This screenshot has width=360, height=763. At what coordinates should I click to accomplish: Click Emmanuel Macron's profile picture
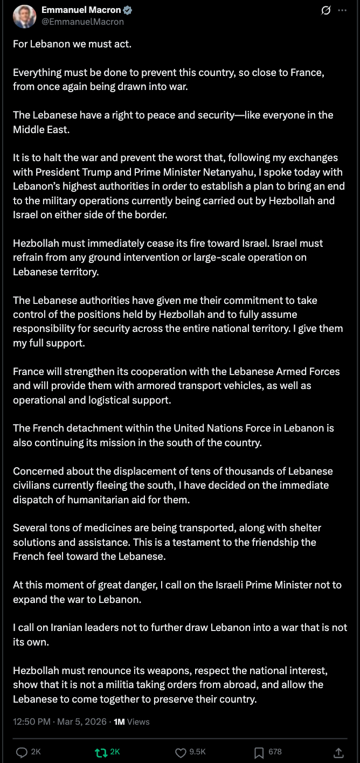pos(24,16)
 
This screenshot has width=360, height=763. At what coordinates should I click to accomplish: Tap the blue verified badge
pos(128,10)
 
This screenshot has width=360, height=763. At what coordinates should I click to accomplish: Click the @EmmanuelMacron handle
pos(82,22)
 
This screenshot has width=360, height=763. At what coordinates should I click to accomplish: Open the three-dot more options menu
pos(342,10)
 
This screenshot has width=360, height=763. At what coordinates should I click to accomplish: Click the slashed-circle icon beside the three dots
pos(326,10)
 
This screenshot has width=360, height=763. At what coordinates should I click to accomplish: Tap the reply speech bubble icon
pos(22,752)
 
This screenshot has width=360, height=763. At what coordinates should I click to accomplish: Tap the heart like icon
pos(181,752)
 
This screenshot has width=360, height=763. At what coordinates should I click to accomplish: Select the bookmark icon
pos(259,752)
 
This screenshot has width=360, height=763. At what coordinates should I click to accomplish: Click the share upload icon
pos(338,752)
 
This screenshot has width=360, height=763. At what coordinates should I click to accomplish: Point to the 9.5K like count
pos(198,752)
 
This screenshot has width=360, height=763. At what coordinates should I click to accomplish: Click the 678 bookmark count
pos(275,752)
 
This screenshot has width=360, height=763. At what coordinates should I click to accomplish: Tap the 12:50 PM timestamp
pos(32,722)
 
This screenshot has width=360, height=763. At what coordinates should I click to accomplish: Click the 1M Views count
pos(131,722)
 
